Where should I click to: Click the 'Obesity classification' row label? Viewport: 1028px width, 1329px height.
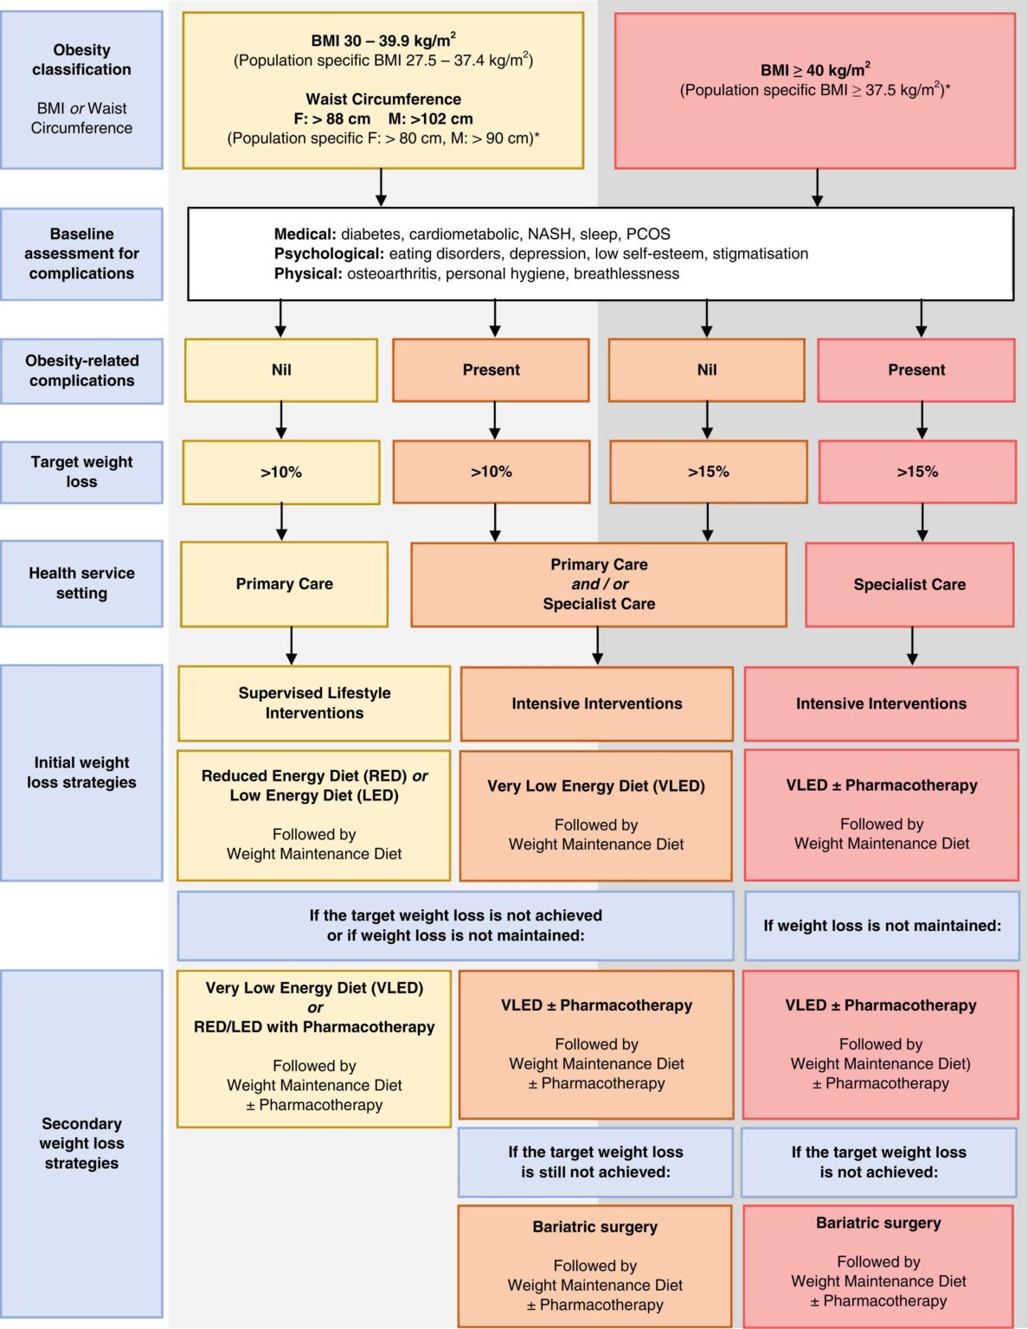point(81,60)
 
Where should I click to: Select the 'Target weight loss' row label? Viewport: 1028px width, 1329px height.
point(81,472)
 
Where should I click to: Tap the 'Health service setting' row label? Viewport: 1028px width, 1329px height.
point(81,583)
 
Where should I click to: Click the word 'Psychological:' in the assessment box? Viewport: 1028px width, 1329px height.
point(329,254)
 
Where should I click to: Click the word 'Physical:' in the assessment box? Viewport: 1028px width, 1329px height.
point(308,273)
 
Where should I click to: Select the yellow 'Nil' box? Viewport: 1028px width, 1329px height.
point(281,369)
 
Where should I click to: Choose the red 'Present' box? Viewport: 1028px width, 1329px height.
point(916,369)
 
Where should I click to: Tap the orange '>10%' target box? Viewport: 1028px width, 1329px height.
point(492,472)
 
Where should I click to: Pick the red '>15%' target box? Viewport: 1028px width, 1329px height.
point(917,472)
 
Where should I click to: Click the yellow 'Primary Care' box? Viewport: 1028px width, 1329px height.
point(284,584)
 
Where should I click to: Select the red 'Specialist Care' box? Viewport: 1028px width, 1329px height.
point(909,585)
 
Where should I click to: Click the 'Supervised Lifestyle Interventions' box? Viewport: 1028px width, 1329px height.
point(314,703)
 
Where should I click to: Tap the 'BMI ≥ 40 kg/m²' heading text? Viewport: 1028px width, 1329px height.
point(814,70)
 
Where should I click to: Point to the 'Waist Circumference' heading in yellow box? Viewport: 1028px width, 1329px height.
point(383,100)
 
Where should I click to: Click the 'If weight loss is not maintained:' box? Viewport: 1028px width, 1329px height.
point(882,926)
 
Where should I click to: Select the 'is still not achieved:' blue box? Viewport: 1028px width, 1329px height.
point(595,1162)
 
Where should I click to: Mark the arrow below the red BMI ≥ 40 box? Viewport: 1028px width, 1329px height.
point(817,188)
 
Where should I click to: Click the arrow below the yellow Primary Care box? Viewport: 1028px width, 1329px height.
point(292,645)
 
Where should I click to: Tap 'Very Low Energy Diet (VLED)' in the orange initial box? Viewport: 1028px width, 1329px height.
point(596,786)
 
